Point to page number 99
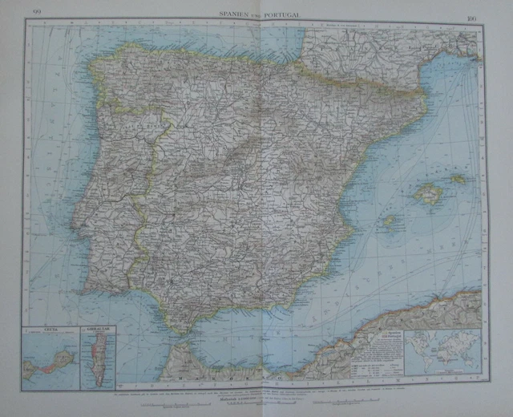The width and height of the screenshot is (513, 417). coord(35,10)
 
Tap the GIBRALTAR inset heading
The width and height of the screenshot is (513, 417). coord(96,330)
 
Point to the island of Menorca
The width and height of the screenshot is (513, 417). coord(458,178)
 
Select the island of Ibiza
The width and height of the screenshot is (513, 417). coord(389,221)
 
